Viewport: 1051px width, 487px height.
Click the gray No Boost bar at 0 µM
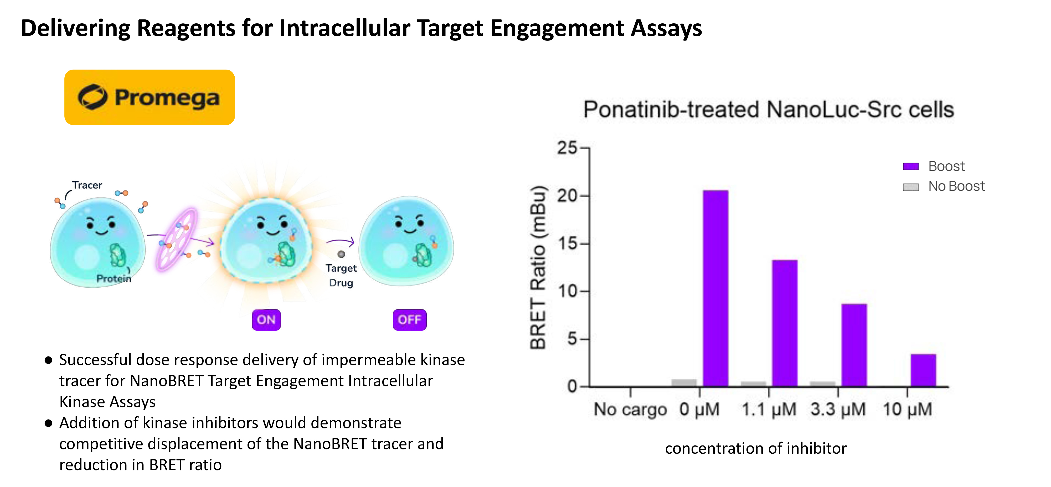point(684,382)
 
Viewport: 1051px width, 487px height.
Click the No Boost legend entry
point(944,186)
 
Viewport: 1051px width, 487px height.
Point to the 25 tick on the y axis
point(567,148)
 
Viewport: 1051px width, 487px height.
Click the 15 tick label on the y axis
point(567,243)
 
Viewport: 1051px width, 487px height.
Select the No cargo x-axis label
point(630,409)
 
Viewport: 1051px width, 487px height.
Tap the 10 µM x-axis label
point(907,409)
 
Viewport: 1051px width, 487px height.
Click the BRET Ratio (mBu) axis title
point(538,267)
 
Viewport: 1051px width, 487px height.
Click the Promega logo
point(149,97)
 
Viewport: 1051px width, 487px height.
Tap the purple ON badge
point(266,320)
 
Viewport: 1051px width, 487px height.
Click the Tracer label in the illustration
point(87,185)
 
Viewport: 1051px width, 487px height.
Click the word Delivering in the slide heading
point(75,29)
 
